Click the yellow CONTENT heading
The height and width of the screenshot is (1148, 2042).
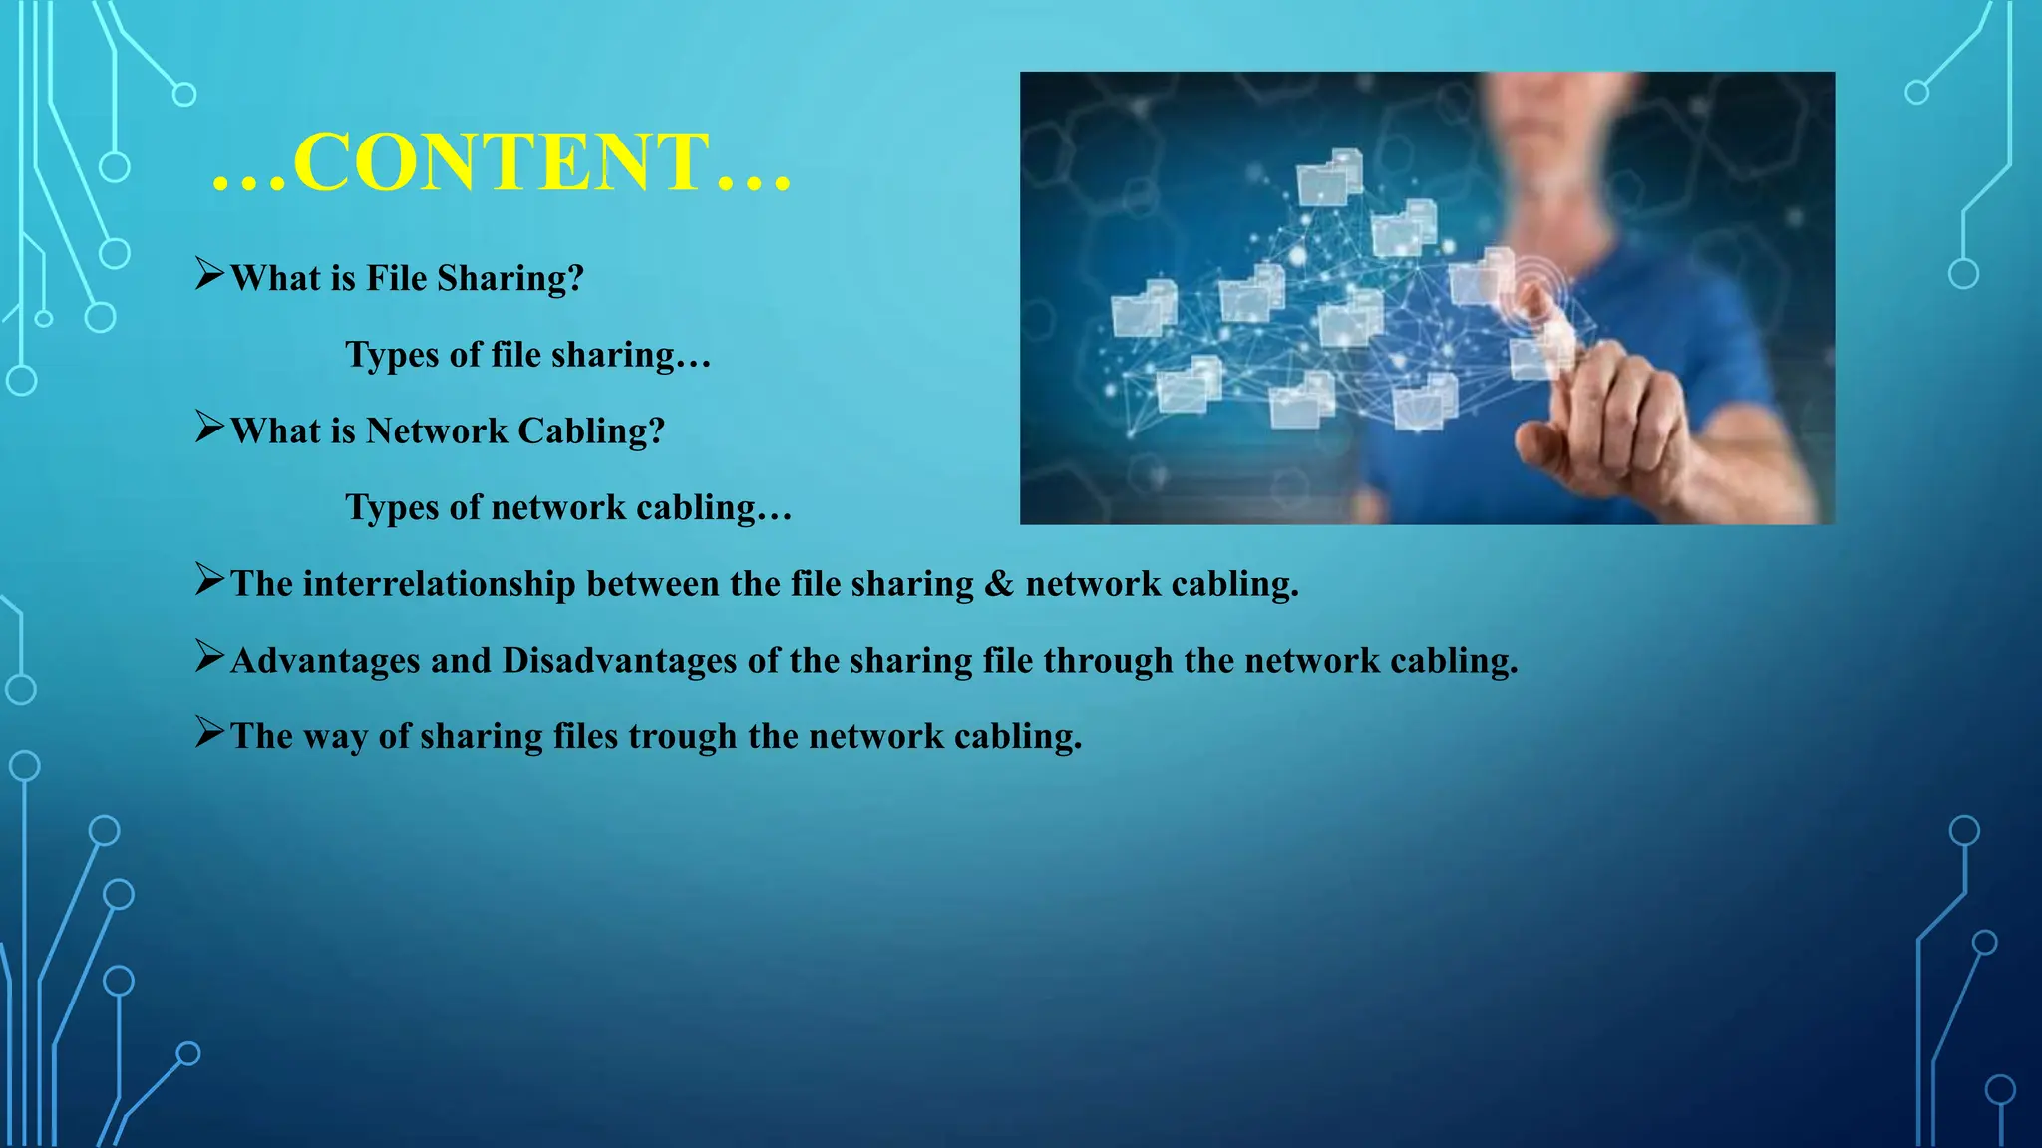tap(502, 161)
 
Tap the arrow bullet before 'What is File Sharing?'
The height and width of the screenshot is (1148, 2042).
tap(209, 273)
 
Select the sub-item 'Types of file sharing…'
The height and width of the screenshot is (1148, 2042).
tap(527, 355)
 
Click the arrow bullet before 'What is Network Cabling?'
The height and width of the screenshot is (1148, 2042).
tap(209, 427)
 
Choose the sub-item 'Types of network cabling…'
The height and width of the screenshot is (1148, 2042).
tap(567, 507)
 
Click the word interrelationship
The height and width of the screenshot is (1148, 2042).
tap(439, 584)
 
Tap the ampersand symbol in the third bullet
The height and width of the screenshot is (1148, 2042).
tap(998, 584)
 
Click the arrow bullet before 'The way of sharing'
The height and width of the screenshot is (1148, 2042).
tap(209, 732)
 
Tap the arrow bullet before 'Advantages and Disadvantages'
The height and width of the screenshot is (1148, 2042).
tap(209, 656)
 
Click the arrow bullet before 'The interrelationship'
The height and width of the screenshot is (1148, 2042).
tap(209, 579)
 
